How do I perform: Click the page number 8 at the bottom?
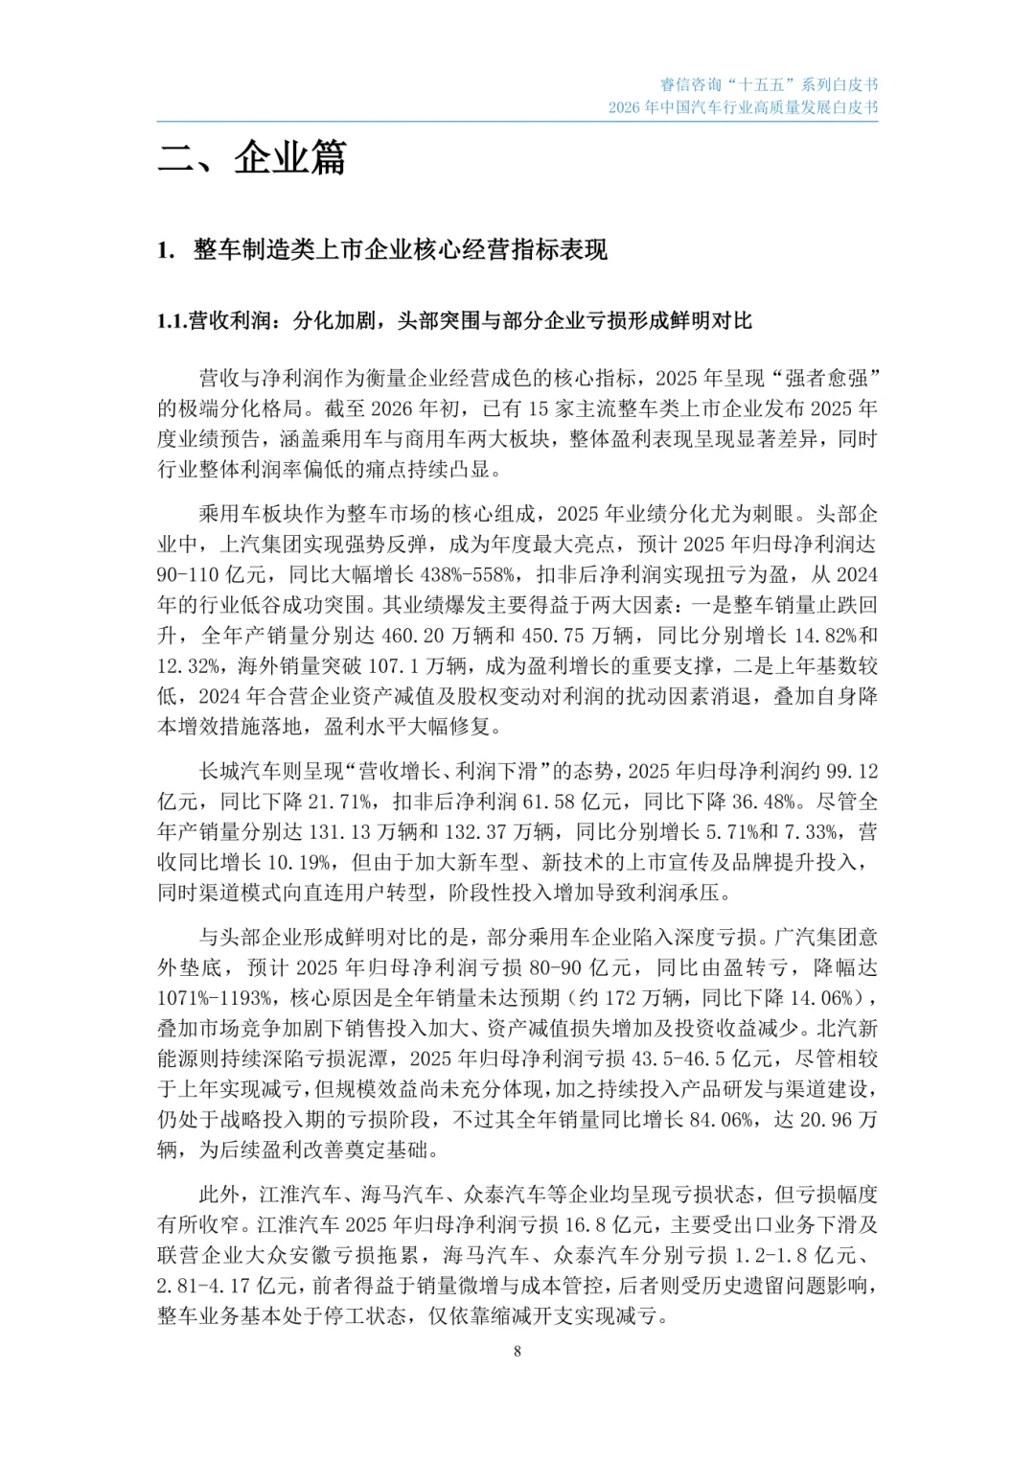click(x=517, y=1352)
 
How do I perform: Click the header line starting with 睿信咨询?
click(x=769, y=85)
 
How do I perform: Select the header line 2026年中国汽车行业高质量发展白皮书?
click(x=743, y=107)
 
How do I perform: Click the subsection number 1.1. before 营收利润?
click(x=172, y=321)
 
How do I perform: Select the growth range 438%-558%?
click(x=462, y=575)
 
